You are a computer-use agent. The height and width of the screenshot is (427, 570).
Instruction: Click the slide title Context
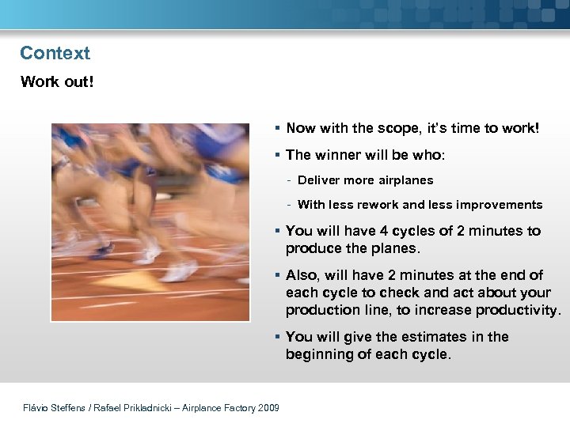pyautogui.click(x=55, y=53)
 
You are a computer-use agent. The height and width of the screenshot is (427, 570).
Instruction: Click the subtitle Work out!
pyautogui.click(x=56, y=81)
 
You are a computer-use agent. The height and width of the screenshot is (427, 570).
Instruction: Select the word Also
pyautogui.click(x=302, y=275)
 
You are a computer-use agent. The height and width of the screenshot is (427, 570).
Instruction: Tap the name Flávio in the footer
pyautogui.click(x=38, y=408)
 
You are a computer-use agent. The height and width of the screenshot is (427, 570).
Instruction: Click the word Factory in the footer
pyautogui.click(x=231, y=408)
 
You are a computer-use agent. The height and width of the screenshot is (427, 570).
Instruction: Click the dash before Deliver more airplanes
pyautogui.click(x=291, y=180)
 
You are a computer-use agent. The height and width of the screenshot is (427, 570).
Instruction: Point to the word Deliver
pyautogui.click(x=318, y=180)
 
